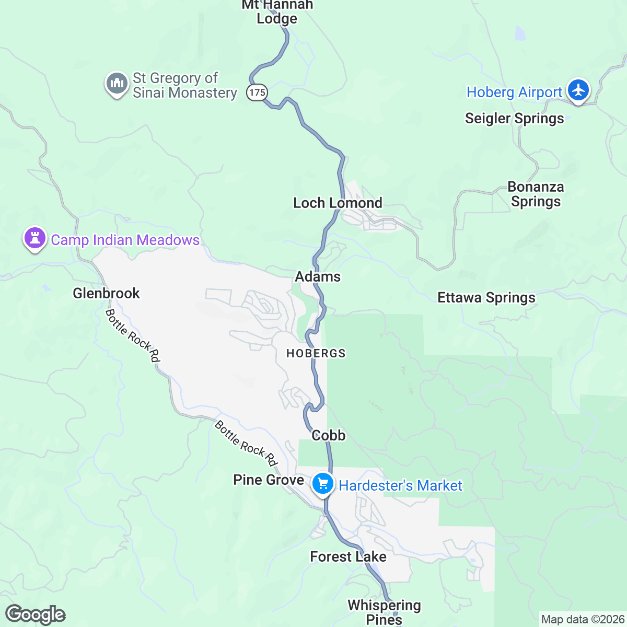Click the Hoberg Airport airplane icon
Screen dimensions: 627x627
tap(578, 90)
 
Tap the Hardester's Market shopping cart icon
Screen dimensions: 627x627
tap(323, 483)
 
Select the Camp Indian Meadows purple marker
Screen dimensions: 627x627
tap(35, 238)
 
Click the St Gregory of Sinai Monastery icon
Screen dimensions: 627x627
tap(117, 84)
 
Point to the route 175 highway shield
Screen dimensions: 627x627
tap(257, 92)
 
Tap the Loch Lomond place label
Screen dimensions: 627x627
tap(338, 203)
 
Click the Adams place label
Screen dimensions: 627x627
tap(318, 276)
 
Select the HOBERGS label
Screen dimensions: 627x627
tap(316, 354)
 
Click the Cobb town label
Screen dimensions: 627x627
tap(328, 435)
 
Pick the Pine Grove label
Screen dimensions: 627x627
tap(269, 480)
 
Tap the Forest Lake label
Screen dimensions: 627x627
tap(348, 556)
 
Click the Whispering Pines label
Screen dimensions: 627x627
tap(384, 612)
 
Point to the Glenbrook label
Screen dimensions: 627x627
tap(106, 293)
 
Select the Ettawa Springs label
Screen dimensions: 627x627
tap(486, 297)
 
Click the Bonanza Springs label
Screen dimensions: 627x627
tap(536, 194)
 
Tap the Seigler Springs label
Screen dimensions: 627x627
tap(514, 118)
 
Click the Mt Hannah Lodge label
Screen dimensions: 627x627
tap(277, 12)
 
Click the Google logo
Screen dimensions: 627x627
tap(36, 614)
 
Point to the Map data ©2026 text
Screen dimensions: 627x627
tap(582, 620)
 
